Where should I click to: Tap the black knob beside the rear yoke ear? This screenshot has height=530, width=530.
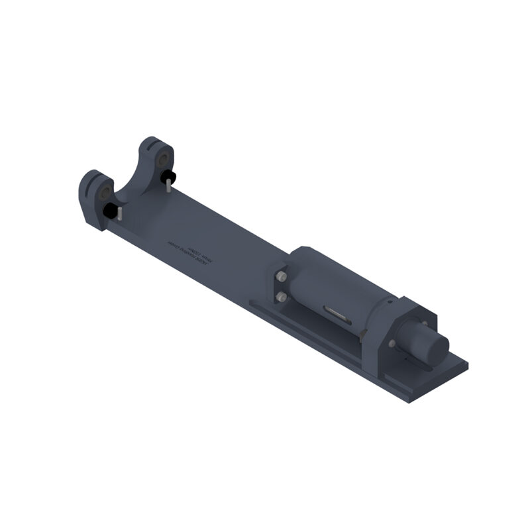(x=167, y=176)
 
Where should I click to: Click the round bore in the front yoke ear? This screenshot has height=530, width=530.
(x=103, y=193)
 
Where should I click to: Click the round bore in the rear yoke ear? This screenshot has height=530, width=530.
(x=162, y=160)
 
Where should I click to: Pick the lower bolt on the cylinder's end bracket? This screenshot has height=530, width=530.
(x=281, y=296)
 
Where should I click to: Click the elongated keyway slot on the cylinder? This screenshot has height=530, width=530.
(x=336, y=313)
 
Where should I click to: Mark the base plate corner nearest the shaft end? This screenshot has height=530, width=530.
(x=466, y=364)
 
